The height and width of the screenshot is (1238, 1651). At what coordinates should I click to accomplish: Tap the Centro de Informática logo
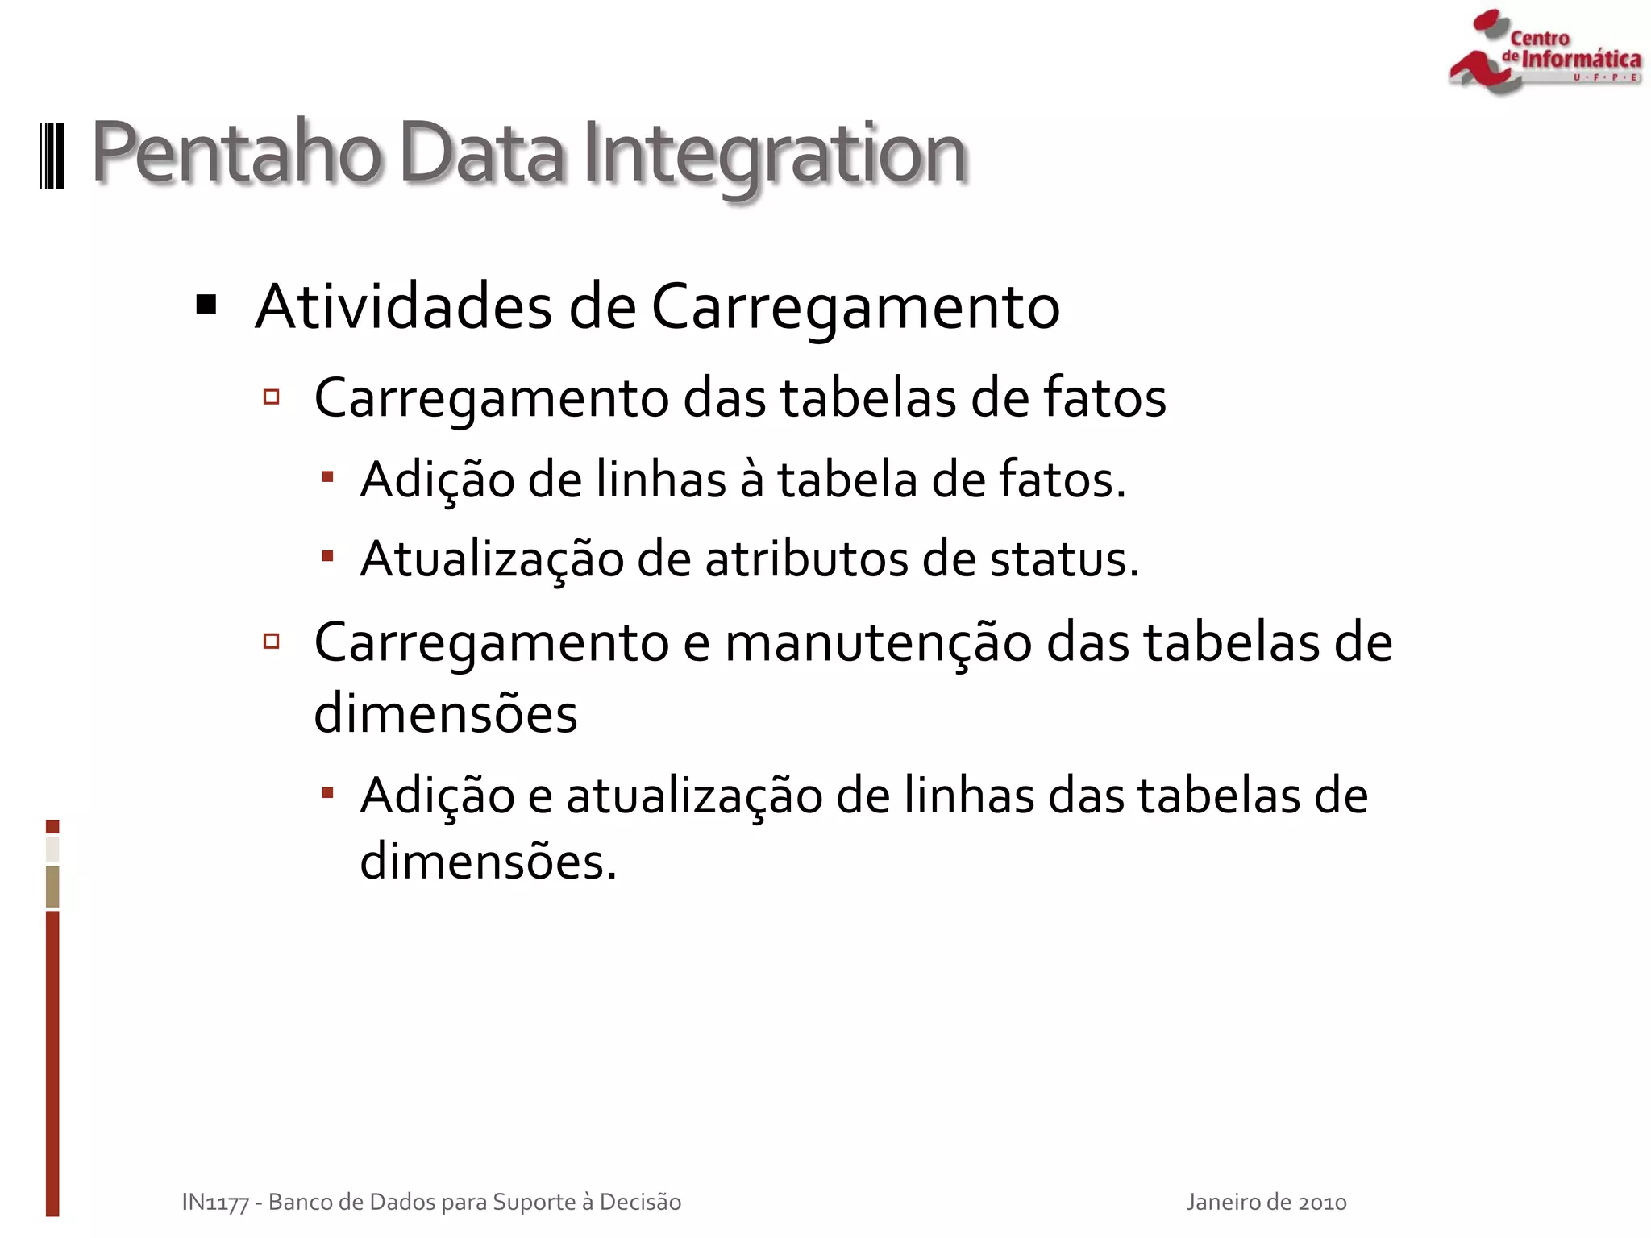point(1545,53)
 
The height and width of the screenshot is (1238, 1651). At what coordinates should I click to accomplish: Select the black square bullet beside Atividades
point(206,305)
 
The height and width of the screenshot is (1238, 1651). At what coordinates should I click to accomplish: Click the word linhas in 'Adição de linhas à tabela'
point(661,480)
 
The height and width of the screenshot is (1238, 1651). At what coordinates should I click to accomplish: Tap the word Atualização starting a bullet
point(492,559)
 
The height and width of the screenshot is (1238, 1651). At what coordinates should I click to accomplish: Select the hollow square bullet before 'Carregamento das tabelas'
point(272,397)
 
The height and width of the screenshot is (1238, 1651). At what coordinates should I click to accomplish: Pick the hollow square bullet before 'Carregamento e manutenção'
point(272,642)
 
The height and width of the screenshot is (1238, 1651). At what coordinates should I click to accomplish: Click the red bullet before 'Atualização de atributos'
point(327,555)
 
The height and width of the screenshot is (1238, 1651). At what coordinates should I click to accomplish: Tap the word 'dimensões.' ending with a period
point(488,862)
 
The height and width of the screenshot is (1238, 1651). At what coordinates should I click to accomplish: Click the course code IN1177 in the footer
point(214,1202)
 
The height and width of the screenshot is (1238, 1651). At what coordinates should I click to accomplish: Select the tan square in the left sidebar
point(52,886)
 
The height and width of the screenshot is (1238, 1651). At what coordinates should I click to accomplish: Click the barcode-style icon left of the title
point(52,156)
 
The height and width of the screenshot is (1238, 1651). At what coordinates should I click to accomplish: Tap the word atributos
point(806,559)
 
